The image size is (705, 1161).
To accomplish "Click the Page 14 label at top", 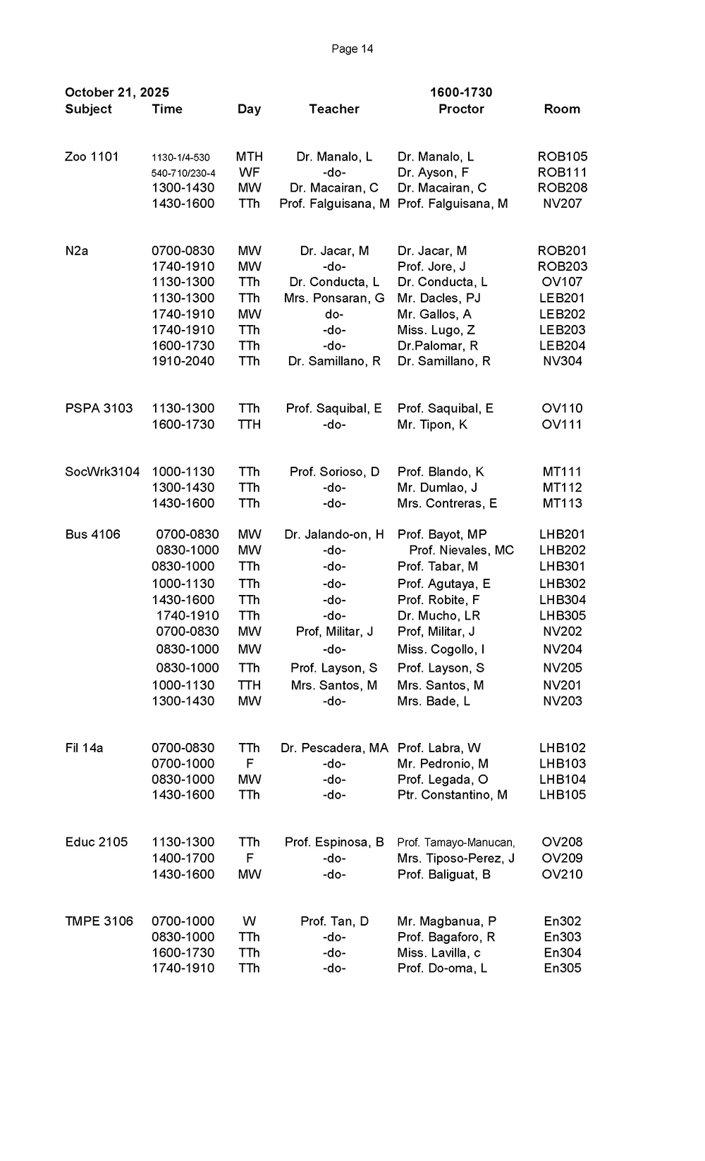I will coord(352,49).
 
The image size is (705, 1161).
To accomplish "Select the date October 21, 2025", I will coord(117,92).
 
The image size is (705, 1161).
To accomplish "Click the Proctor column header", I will coord(461,109).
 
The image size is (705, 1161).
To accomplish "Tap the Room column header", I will coord(562,109).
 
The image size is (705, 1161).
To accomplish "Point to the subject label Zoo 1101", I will coord(92,156).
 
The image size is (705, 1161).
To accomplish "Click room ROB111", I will coord(562,172).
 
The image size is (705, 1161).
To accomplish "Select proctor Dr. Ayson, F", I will coord(433,172).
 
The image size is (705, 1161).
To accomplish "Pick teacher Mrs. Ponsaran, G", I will coord(334,298).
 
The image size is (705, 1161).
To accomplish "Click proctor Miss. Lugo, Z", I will coord(436,330).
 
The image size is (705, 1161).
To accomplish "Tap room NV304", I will coord(562,361).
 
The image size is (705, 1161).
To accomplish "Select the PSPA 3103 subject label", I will coord(99,408).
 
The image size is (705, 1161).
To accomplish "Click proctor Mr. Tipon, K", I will coord(432,424).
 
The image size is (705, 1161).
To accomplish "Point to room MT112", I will coord(562,487).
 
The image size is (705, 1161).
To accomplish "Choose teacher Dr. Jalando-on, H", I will coord(334,534).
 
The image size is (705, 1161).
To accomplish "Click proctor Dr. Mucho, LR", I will coord(439,615).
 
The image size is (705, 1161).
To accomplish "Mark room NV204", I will coord(562,649).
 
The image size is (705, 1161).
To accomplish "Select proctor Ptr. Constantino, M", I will coord(452,794).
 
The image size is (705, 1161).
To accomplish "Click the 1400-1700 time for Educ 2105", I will coord(183,858).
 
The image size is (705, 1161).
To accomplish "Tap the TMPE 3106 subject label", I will coord(99,921).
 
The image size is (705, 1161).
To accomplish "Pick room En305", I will coord(562,968).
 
